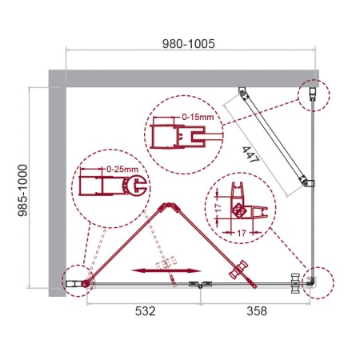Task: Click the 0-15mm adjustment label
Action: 197,118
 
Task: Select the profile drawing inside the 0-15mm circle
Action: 171,131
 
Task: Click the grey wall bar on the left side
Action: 56,184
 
